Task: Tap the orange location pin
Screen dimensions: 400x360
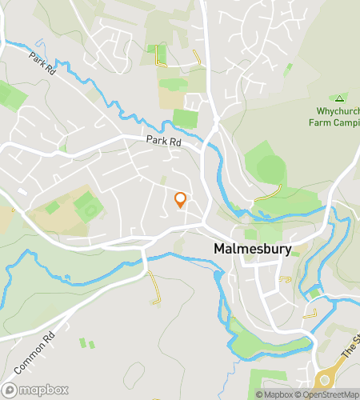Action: pyautogui.click(x=180, y=200)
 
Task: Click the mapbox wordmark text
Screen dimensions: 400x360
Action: pyautogui.click(x=43, y=390)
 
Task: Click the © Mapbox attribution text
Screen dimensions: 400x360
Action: pyautogui.click(x=274, y=394)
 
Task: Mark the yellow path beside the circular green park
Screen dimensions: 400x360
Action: pyautogui.click(x=269, y=194)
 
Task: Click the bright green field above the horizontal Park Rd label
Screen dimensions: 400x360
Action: pyautogui.click(x=185, y=118)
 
